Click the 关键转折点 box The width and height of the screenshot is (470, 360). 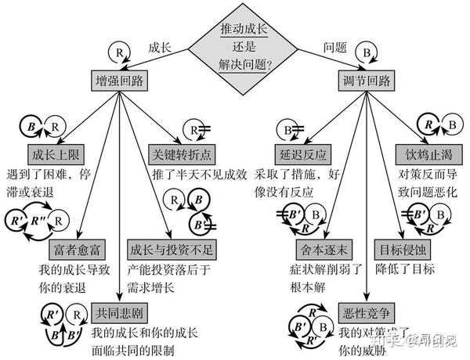tap(183, 153)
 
